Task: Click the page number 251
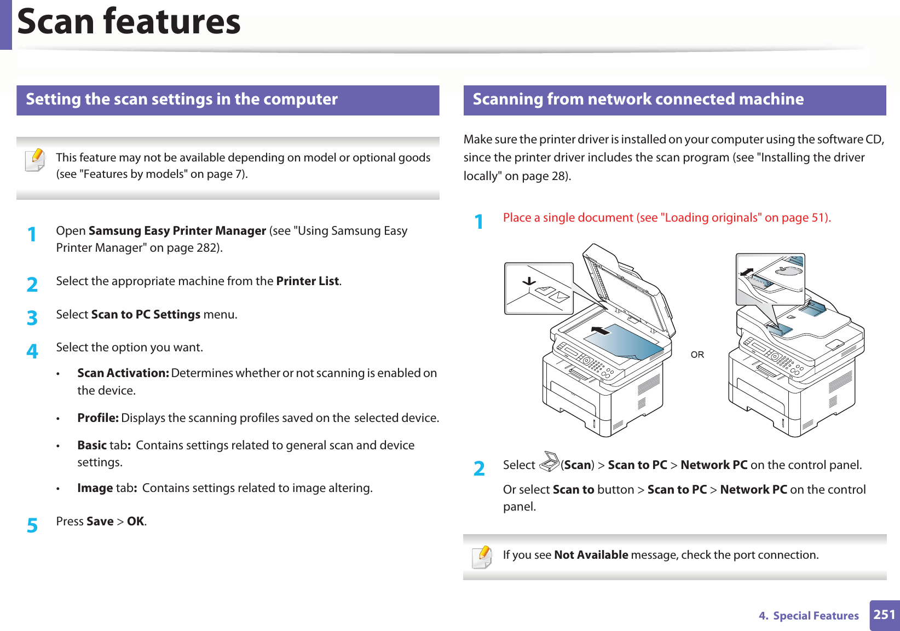(x=884, y=615)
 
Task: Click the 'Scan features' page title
(x=129, y=22)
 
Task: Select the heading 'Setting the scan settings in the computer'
(x=182, y=99)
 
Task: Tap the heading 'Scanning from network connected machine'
(x=638, y=99)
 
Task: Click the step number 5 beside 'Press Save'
(x=32, y=525)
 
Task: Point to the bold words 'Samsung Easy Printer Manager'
(x=177, y=231)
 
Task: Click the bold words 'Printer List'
(x=308, y=281)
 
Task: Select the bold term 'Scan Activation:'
(x=123, y=373)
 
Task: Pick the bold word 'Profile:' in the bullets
(x=97, y=418)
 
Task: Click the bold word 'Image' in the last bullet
(x=95, y=488)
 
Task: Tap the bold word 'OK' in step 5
(x=136, y=522)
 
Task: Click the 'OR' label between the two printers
(x=697, y=355)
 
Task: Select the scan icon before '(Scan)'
(x=549, y=462)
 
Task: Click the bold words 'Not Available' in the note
(x=591, y=555)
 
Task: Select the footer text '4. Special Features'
(x=809, y=616)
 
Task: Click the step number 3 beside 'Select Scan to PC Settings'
(x=32, y=317)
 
